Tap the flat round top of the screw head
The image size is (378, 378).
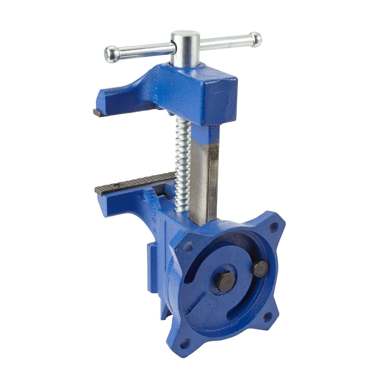point(185,37)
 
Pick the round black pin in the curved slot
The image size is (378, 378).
point(260,269)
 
